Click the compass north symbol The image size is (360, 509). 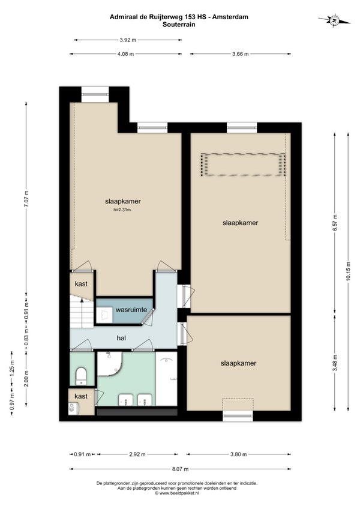pos(334,20)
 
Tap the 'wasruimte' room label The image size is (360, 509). pos(131,310)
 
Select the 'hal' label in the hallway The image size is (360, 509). pos(121,338)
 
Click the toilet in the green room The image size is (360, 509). pos(80,376)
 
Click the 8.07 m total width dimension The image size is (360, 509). pos(181,469)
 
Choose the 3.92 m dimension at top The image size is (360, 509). pos(128,40)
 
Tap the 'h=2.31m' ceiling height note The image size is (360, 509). pos(122,209)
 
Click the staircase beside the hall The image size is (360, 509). pos(80,312)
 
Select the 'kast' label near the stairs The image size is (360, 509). pos(81,284)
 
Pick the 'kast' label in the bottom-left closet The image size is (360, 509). pos(81,396)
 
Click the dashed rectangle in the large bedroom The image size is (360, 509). pos(243,165)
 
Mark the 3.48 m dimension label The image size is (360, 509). pos(335,363)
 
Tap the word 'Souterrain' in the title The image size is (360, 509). pos(179,25)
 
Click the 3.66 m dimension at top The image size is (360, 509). pos(241,54)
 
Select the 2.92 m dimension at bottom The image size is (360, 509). pos(137,454)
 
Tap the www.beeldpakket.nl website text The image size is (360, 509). pos(177,493)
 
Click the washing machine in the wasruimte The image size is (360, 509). pos(104,315)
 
